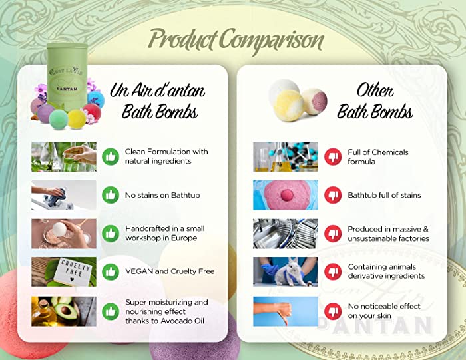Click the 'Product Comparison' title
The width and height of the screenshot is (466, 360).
pos(236,40)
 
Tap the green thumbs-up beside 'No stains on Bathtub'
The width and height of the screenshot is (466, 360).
pos(111,195)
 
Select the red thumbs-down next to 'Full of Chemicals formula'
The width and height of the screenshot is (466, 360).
pos(333,156)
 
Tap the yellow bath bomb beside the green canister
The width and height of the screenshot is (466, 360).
pos(77,119)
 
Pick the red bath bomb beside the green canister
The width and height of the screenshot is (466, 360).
pos(92,112)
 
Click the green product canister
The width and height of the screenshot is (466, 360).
pos(67,77)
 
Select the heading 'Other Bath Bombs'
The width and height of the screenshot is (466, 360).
pos(375,101)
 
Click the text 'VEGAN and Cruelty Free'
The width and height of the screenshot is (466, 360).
pos(170,271)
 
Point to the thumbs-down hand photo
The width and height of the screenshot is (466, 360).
pos(286,311)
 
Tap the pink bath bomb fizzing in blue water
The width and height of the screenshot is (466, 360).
pos(286,195)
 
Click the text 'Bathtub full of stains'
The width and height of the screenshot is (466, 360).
pos(384,195)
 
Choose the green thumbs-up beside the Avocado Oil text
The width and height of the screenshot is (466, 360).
pos(111,311)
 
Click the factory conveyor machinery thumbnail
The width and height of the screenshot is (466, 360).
pos(286,234)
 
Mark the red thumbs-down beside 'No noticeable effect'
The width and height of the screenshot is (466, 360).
pos(333,311)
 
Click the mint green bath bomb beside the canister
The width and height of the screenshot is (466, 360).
pos(59,120)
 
